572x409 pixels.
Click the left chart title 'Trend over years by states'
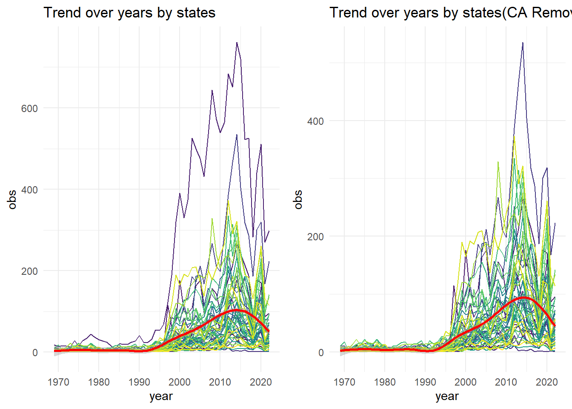point(129,13)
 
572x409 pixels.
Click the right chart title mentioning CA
point(450,13)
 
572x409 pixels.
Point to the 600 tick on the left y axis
point(29,108)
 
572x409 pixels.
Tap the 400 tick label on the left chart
point(29,190)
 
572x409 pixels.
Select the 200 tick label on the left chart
point(29,271)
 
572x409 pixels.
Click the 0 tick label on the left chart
point(35,353)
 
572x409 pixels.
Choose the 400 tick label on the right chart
point(315,121)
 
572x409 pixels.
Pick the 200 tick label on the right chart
point(315,237)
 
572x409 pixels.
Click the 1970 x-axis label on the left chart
point(58,382)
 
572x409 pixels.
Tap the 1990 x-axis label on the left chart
point(139,382)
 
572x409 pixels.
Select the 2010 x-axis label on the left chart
point(220,382)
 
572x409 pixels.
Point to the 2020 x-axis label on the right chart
point(546,382)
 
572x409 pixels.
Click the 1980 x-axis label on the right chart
point(385,382)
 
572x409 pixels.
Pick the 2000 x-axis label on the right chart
point(466,382)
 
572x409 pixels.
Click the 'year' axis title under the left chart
point(161,396)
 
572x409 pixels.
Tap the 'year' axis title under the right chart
point(447,396)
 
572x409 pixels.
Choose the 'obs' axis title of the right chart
point(298,199)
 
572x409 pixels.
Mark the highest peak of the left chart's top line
point(237,43)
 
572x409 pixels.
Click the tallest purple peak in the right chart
point(523,43)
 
